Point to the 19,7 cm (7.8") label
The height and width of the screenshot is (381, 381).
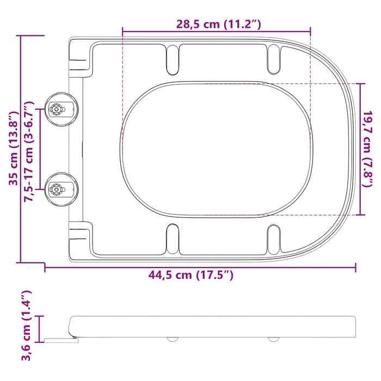(x=368, y=149)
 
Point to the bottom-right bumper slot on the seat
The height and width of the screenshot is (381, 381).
(x=274, y=240)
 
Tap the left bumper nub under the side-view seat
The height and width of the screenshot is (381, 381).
(x=172, y=339)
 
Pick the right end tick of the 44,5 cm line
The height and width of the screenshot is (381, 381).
(x=355, y=267)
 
